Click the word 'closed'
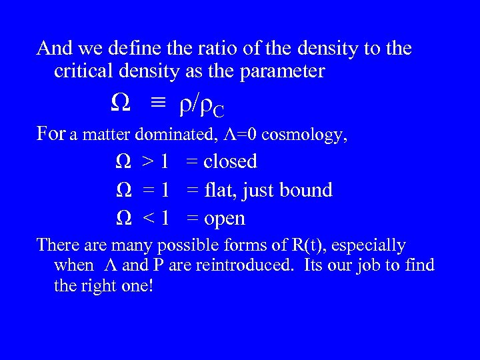click(230, 161)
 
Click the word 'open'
click(225, 219)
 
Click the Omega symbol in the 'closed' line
click(123, 161)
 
